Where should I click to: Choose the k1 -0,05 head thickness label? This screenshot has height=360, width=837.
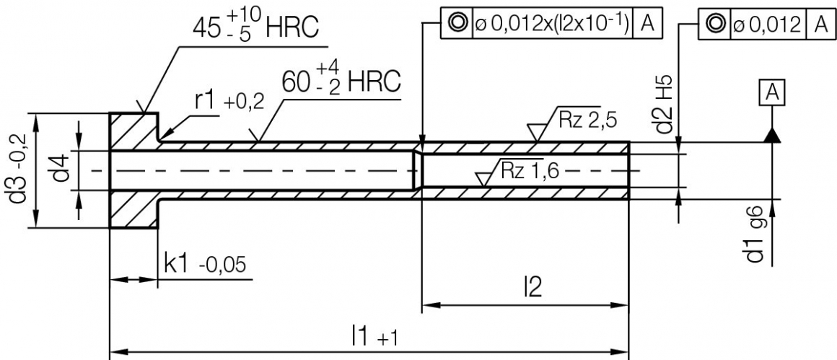[205, 265]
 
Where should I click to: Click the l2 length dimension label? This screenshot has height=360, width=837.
[532, 287]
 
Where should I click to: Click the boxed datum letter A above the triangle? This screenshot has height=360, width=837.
[771, 92]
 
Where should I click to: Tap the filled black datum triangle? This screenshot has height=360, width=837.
[771, 136]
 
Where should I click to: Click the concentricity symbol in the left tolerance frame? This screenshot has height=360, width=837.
[456, 23]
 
